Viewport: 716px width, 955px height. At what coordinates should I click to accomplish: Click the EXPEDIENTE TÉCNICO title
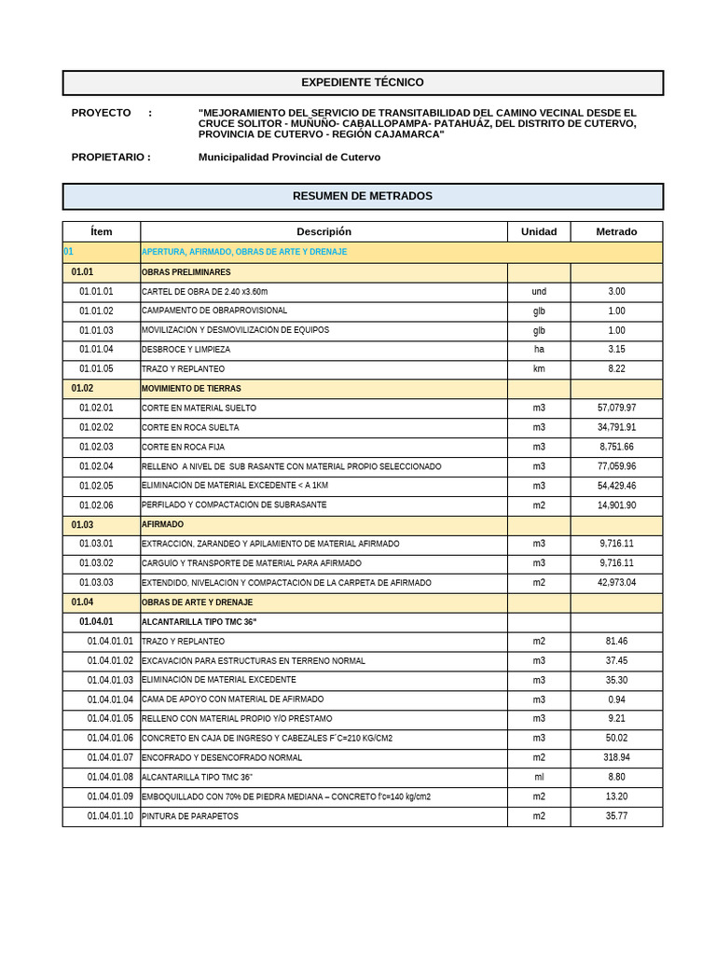[x=362, y=83]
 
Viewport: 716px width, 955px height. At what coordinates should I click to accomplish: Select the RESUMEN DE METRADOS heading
[x=362, y=196]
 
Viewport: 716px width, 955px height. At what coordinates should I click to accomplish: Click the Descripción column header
[x=324, y=231]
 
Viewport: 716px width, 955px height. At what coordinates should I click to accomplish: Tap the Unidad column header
[x=539, y=231]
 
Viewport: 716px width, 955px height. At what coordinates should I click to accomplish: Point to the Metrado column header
[x=616, y=231]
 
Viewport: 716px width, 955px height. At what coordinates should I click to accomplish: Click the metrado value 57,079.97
[x=616, y=408]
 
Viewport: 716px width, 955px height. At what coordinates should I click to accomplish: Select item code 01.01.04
[x=96, y=350]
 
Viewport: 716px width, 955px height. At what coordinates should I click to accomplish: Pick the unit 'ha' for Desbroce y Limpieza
[x=539, y=350]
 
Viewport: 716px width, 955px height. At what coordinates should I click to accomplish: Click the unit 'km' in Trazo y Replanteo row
[x=539, y=369]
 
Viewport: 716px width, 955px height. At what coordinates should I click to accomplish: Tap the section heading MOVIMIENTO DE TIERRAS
[x=191, y=389]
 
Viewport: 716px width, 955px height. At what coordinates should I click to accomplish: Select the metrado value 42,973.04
[x=616, y=583]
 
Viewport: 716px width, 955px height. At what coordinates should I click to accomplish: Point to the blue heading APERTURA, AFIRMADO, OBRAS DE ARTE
[x=244, y=252]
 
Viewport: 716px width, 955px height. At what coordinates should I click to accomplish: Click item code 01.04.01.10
[x=110, y=817]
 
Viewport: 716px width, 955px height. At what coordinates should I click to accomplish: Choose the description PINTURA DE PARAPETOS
[x=190, y=817]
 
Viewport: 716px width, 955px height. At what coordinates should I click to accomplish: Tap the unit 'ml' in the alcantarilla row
[x=539, y=778]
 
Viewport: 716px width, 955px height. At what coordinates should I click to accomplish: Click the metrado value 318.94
[x=616, y=758]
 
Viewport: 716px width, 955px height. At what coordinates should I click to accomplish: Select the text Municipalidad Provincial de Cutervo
[x=289, y=158]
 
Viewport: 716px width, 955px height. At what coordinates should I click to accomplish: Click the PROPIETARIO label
[x=110, y=158]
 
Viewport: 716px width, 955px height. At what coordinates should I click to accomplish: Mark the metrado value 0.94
[x=616, y=699]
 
